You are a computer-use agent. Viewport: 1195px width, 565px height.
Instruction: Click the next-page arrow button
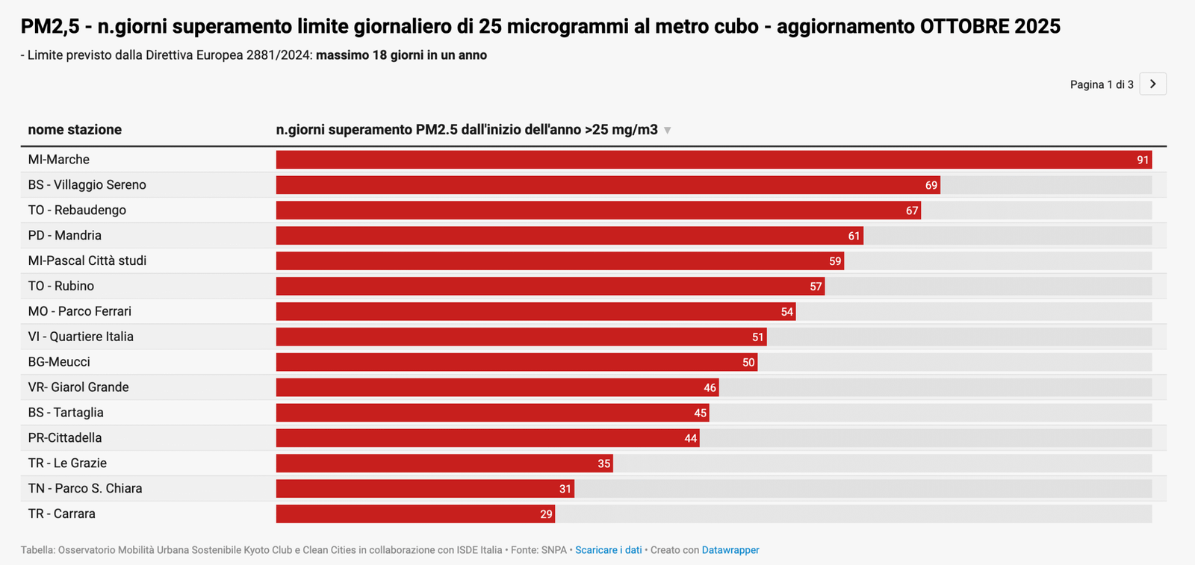1152,84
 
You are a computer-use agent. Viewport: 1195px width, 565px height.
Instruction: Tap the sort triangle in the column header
668,131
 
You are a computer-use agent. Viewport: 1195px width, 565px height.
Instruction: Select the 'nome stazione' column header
75,130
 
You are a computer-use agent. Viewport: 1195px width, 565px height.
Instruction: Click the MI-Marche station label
59,160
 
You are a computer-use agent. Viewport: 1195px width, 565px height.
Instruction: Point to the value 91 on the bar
1142,160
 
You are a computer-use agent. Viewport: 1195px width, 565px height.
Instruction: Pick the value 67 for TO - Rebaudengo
911,211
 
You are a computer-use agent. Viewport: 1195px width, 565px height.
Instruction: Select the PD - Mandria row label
65,236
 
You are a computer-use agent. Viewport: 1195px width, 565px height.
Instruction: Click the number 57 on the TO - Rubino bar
815,287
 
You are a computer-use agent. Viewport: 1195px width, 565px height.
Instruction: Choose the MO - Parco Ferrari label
80,312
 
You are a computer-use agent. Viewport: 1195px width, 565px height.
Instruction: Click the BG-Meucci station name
59,362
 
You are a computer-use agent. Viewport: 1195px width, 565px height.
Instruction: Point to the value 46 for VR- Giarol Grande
710,388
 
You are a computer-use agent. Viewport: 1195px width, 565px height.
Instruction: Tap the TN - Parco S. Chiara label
85,489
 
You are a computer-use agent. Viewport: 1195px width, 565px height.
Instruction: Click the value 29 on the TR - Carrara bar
546,514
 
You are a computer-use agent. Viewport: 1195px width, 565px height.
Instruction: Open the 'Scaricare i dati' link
608,550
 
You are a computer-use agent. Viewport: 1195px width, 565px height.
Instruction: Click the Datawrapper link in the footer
730,550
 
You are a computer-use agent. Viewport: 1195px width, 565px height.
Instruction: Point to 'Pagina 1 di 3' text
1101,85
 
